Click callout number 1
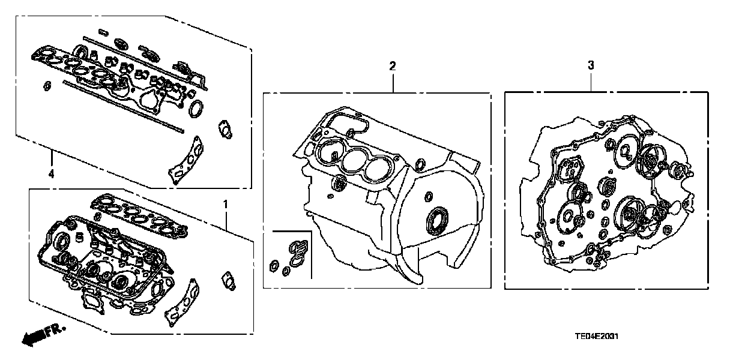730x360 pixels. [225, 205]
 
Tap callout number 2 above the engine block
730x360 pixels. [393, 66]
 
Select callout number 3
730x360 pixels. [591, 66]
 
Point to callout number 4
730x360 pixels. [51, 174]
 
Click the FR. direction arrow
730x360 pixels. [35, 337]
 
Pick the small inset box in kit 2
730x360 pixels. [291, 254]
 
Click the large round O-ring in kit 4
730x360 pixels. [196, 110]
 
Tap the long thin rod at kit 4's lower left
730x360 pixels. [120, 105]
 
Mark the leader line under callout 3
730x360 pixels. [591, 82]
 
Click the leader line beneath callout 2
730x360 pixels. [393, 82]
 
